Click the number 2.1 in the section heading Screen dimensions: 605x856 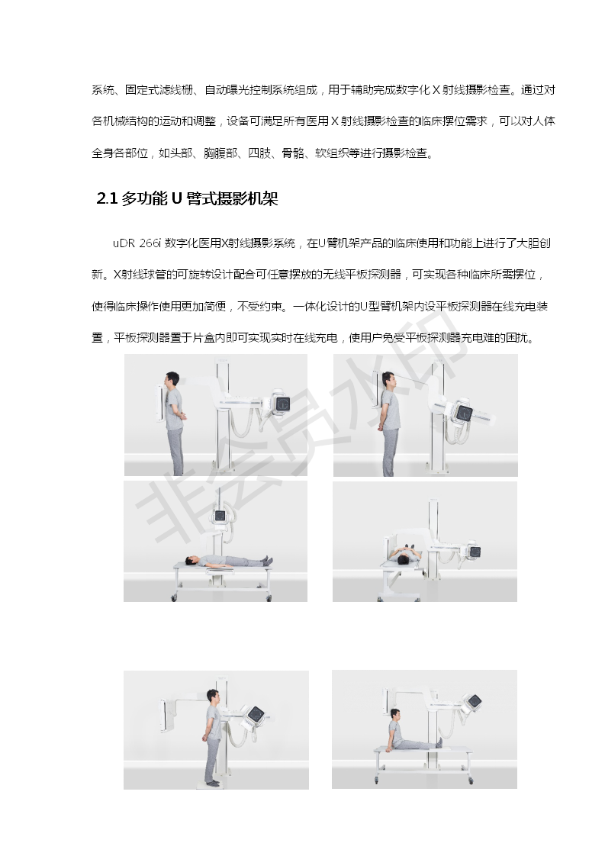(107, 198)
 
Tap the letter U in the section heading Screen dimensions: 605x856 (176, 198)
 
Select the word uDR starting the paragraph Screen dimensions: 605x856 (124, 243)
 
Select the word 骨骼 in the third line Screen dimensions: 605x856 (293, 153)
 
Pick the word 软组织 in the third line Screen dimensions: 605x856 (332, 153)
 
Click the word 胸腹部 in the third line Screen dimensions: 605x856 (220, 153)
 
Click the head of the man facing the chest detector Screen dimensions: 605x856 (172, 379)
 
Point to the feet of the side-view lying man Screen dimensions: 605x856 (267, 560)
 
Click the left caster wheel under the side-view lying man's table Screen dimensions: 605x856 (174, 598)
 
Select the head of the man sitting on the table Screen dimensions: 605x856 (394, 714)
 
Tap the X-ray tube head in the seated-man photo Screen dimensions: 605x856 (473, 701)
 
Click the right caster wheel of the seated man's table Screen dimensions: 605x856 (471, 781)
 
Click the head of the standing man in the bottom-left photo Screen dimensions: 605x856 (213, 697)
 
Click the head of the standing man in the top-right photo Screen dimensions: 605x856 (388, 379)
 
